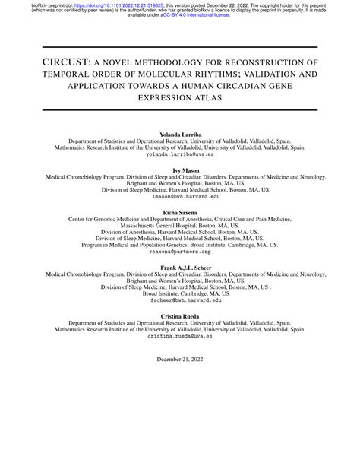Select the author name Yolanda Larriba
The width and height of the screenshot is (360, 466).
179,134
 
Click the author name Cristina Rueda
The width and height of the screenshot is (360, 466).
179,315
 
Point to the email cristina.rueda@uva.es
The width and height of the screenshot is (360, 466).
179,335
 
